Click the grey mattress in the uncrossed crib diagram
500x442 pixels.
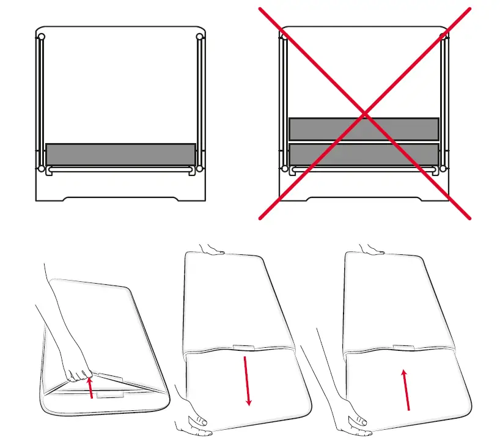coord(120,153)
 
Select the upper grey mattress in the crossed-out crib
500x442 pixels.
coord(364,129)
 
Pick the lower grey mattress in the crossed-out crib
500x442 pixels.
coord(364,154)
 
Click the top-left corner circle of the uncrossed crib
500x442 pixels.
coord(41,37)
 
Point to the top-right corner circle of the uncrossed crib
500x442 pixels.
coord(199,37)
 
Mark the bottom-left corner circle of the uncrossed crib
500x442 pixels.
coord(41,168)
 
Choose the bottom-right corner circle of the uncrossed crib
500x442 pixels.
coord(199,168)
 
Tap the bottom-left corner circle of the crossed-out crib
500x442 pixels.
coord(284,168)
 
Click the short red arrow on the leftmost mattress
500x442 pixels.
coord(91,388)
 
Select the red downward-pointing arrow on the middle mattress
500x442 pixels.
coord(246,380)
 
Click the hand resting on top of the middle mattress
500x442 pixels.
coord(211,248)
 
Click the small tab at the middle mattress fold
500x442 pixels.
coord(243,348)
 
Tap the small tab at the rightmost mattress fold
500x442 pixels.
coord(403,348)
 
